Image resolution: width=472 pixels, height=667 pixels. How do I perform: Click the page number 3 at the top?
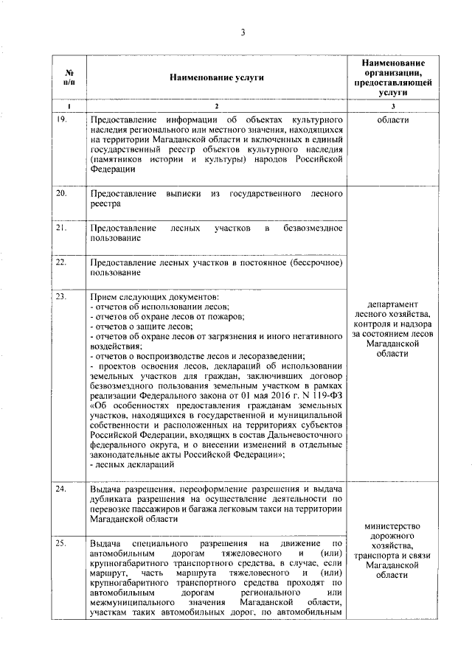pyautogui.click(x=241, y=31)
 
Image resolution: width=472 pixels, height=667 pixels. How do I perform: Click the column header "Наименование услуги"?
pyautogui.click(x=216, y=77)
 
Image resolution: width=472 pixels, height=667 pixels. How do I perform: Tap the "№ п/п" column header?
pyautogui.click(x=69, y=77)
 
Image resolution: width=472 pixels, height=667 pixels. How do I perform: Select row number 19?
pyautogui.click(x=64, y=119)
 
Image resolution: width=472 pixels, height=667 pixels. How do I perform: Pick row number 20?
pyautogui.click(x=64, y=193)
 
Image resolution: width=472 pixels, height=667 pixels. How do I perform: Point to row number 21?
pyautogui.click(x=64, y=228)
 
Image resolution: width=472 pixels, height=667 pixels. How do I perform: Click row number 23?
pyautogui.click(x=64, y=296)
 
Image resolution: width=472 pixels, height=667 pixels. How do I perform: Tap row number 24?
pyautogui.click(x=64, y=489)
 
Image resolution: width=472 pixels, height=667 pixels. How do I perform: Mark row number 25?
pyautogui.click(x=64, y=542)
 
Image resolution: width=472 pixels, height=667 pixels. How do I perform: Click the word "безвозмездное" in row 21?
pyautogui.click(x=313, y=228)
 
